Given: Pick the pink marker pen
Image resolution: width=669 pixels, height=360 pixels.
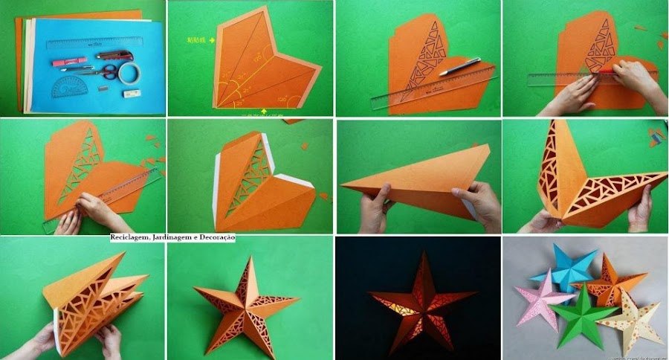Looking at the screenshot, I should pos(69,62).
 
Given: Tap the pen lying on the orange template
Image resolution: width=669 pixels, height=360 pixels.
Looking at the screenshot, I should pos(460,67).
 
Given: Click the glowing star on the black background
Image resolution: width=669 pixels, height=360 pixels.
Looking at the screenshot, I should pos(417,298).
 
